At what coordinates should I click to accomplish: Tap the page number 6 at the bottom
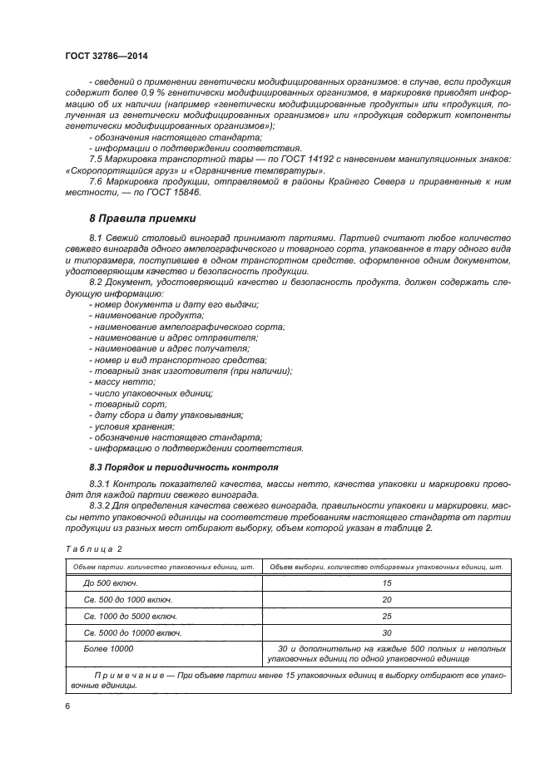[66, 706]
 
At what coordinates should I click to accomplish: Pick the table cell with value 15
[385, 583]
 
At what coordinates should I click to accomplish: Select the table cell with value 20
[385, 599]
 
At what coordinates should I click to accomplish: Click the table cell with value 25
[385, 616]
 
